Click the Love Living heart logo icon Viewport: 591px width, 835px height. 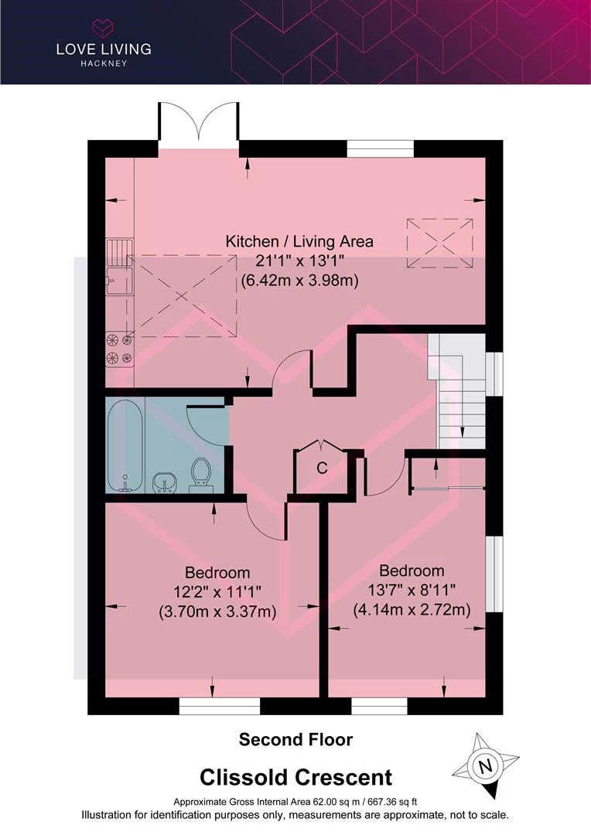pyautogui.click(x=104, y=27)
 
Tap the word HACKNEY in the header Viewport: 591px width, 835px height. pyautogui.click(x=104, y=63)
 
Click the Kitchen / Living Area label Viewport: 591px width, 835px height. pyautogui.click(x=299, y=241)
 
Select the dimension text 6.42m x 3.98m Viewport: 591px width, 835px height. pyautogui.click(x=299, y=280)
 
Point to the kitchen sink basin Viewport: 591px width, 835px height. pyautogui.click(x=118, y=281)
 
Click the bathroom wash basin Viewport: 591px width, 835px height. pyautogui.click(x=166, y=482)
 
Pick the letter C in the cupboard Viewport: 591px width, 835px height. pyautogui.click(x=322, y=468)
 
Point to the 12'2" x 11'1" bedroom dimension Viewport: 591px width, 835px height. pyautogui.click(x=217, y=592)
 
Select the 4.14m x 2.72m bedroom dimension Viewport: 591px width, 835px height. pyautogui.click(x=412, y=610)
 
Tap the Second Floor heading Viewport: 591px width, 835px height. pyautogui.click(x=295, y=740)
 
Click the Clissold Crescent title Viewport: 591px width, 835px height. pyautogui.click(x=295, y=778)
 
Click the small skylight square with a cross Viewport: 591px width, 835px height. pyautogui.click(x=439, y=244)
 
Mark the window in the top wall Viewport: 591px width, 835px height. pyautogui.click(x=381, y=148)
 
